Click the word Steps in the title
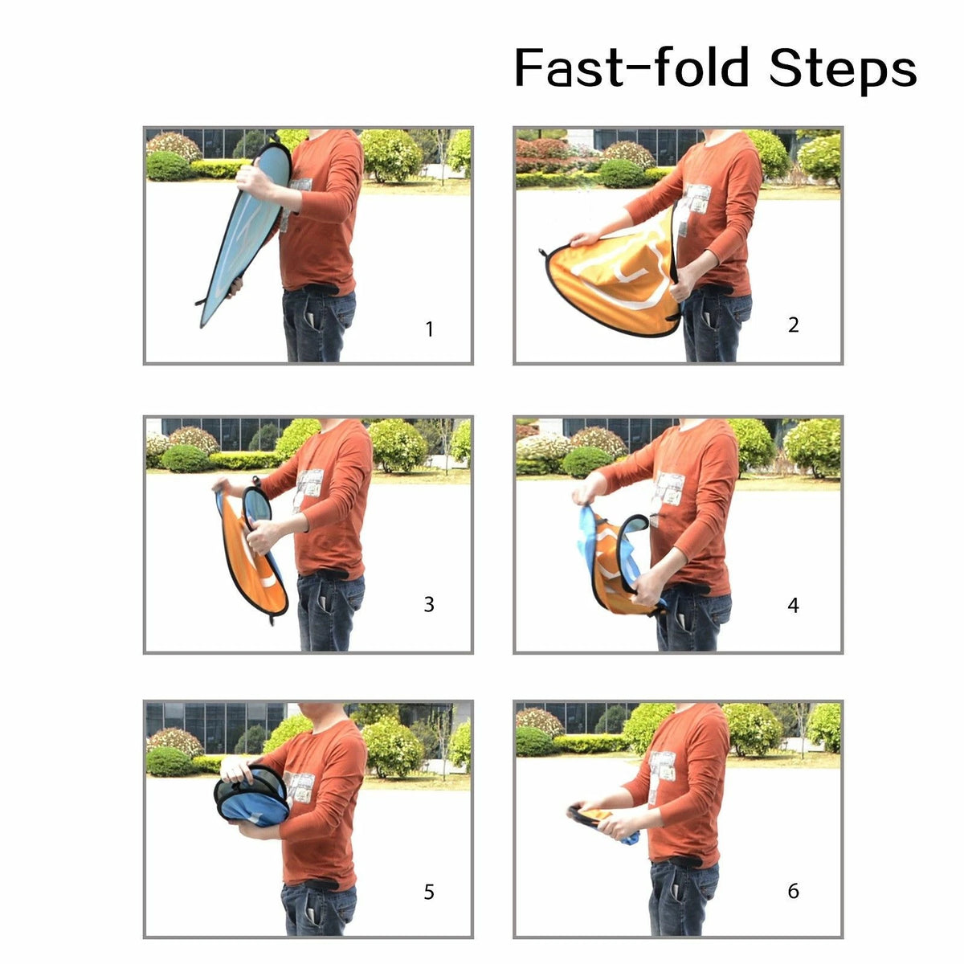(843, 69)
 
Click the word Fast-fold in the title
(631, 67)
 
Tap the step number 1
(429, 329)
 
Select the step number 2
(794, 325)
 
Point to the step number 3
(429, 604)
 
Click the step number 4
(793, 606)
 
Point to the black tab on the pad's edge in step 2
(544, 254)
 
